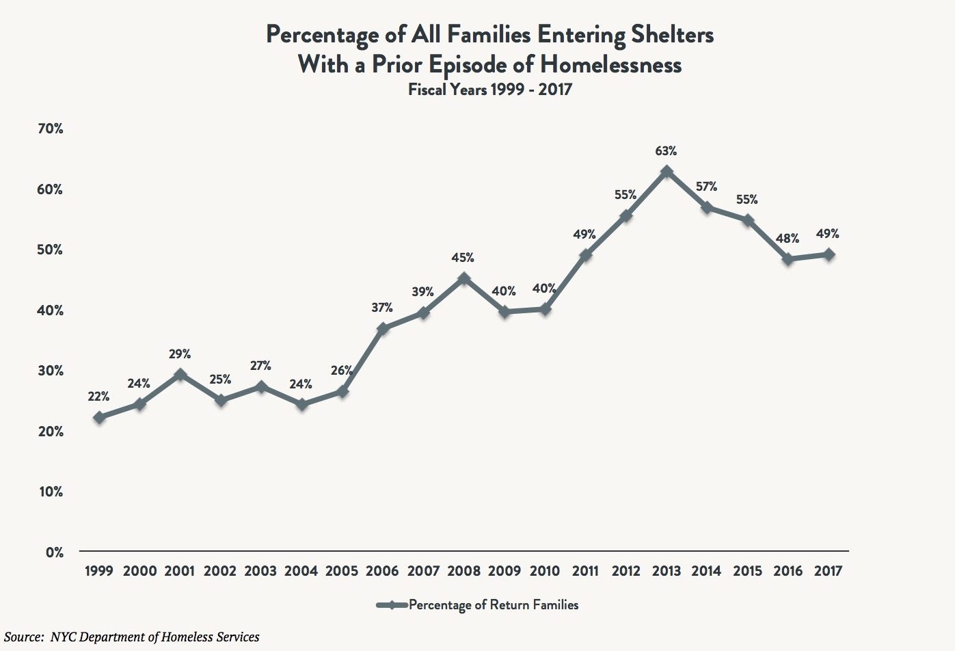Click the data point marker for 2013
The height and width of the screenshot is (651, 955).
(667, 172)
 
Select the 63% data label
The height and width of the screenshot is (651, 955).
(667, 150)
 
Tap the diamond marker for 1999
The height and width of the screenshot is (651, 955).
(100, 417)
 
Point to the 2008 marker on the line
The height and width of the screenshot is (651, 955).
(464, 278)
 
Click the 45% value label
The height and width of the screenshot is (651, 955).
(463, 258)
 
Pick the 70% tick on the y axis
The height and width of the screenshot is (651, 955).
(50, 129)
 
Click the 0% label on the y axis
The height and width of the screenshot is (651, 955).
(55, 552)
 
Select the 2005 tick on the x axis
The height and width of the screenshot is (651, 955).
(342, 571)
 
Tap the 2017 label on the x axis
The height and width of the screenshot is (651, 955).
(829, 571)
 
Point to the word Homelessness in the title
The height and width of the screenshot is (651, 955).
(611, 64)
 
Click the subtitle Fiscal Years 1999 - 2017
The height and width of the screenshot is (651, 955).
(489, 89)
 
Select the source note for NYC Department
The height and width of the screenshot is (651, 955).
(132, 637)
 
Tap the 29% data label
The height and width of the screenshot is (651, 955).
(180, 354)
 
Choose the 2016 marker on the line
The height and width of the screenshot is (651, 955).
(788, 259)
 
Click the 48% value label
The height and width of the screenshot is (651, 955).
(788, 239)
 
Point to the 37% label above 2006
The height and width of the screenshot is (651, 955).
(382, 308)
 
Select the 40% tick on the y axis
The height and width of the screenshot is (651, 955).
(50, 310)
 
